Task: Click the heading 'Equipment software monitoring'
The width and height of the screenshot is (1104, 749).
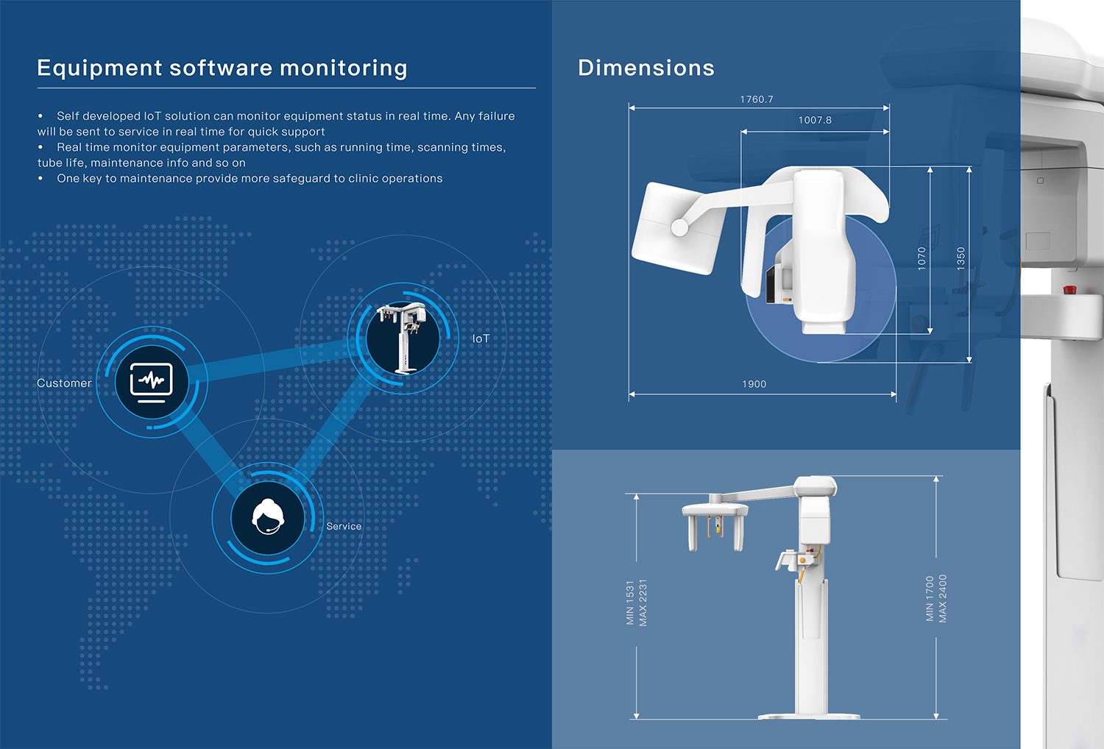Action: [222, 68]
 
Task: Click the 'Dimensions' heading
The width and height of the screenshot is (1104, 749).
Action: [646, 68]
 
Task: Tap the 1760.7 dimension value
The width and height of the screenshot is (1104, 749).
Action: [757, 99]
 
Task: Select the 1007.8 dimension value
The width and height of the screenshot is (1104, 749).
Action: [815, 120]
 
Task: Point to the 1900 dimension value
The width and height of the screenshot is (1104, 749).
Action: [754, 384]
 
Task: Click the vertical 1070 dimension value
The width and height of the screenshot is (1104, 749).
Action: [921, 259]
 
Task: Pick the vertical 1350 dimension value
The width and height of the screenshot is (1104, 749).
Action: [960, 259]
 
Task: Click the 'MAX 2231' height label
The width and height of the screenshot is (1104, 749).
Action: [643, 603]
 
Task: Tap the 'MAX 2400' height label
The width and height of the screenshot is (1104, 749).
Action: [942, 599]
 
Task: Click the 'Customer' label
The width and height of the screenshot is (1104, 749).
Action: [64, 383]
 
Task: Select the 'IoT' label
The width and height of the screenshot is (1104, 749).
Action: [481, 339]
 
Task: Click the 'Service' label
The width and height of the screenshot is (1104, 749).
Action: [344, 526]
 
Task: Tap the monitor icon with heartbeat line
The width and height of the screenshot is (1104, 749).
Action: [152, 383]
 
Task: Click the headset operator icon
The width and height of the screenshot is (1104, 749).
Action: [268, 517]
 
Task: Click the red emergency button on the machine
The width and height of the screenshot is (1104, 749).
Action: [1069, 290]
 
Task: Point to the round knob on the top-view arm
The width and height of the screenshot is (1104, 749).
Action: [679, 227]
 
